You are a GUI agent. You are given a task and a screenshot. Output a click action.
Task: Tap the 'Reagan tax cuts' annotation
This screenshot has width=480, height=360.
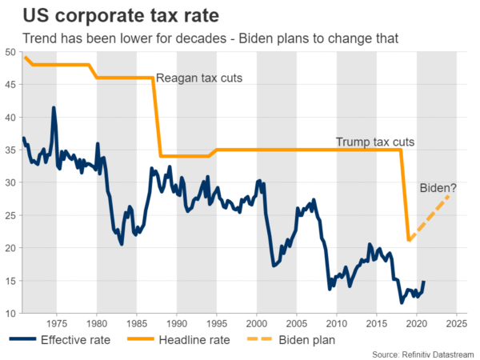click(199, 78)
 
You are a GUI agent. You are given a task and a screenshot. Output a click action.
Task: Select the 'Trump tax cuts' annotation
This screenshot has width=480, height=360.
click(375, 142)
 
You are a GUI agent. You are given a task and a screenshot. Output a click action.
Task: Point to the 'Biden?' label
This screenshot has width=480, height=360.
click(438, 189)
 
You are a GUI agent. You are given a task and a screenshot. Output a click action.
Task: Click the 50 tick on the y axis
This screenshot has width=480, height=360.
click(10, 52)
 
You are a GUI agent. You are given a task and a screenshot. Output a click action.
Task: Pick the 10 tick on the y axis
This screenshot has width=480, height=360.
click(10, 314)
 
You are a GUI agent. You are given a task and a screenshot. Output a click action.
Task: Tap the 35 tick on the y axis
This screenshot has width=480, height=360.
click(10, 150)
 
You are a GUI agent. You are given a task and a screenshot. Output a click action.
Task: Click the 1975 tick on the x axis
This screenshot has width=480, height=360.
click(56, 324)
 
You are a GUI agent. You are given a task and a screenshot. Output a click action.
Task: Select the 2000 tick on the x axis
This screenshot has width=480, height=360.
click(256, 324)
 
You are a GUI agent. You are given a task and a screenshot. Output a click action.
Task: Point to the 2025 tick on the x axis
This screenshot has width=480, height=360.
click(457, 324)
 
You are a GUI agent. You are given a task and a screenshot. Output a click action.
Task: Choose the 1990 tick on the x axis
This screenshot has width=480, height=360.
click(176, 324)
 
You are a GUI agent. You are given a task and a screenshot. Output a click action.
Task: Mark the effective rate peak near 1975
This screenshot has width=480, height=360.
click(54, 107)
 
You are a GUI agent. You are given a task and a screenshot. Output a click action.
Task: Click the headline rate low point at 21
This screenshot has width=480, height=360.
click(409, 240)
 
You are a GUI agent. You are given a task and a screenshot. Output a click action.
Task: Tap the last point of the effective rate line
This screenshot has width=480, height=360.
click(423, 282)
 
